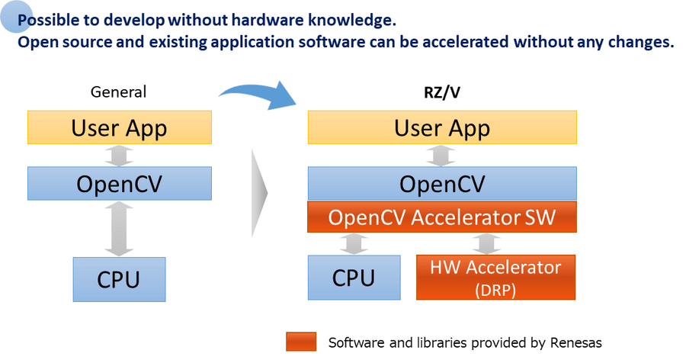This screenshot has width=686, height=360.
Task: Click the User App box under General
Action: (120, 127)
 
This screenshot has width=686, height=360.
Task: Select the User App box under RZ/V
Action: (442, 127)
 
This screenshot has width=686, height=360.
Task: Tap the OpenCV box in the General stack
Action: (120, 184)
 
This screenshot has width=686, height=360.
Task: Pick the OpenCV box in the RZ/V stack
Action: (442, 184)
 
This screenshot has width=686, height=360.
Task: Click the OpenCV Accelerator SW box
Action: (442, 217)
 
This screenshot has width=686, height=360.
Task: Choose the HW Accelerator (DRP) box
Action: (495, 277)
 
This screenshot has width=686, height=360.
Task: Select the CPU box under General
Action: (119, 279)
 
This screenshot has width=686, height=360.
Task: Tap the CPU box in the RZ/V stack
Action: (354, 278)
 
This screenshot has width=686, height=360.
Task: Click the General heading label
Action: (118, 92)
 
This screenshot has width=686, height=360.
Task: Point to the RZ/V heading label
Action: (442, 92)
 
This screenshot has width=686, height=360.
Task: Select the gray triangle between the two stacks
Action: (259, 193)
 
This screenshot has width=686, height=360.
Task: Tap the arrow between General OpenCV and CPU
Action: (119, 229)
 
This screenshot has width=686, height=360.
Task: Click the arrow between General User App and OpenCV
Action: (119, 156)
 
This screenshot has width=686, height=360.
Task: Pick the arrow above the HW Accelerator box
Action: (486, 243)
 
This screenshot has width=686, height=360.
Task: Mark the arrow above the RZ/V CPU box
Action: (354, 243)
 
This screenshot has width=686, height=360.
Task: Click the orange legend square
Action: (301, 342)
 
